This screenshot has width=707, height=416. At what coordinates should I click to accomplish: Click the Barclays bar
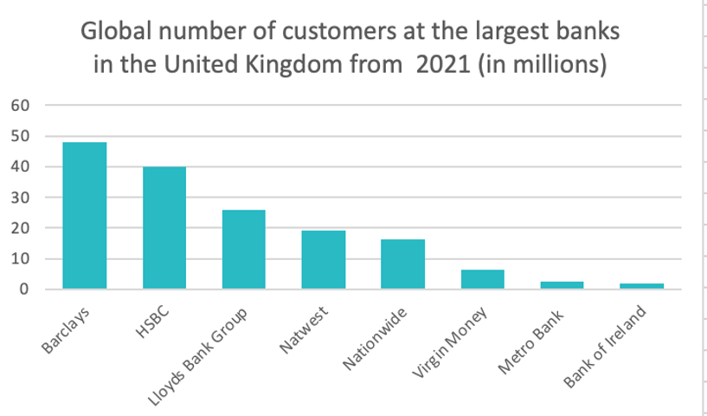85,216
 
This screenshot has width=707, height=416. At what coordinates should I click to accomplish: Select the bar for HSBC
164,228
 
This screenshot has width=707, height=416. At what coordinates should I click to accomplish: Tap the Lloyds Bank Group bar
244,250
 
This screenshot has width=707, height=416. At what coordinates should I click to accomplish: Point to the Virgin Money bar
482,279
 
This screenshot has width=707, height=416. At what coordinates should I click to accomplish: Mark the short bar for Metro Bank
562,284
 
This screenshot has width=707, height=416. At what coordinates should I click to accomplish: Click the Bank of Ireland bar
641,286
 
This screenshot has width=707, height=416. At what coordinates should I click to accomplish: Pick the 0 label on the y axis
25,289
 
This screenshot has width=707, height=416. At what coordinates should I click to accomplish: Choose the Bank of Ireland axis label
606,346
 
